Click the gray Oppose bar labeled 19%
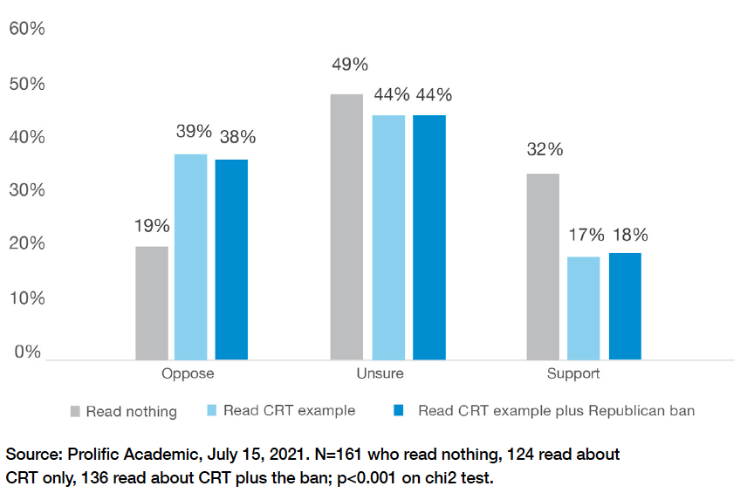point(152,303)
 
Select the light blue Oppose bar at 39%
point(190,257)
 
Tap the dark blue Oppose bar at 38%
point(231,259)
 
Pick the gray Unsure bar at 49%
point(346,227)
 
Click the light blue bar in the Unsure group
point(388,237)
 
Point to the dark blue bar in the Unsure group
point(429,237)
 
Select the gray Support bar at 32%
point(543,266)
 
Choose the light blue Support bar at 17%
point(584,308)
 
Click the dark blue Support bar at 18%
point(625,306)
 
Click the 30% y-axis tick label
point(27,191)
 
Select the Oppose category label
point(188,374)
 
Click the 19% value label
point(151,226)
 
